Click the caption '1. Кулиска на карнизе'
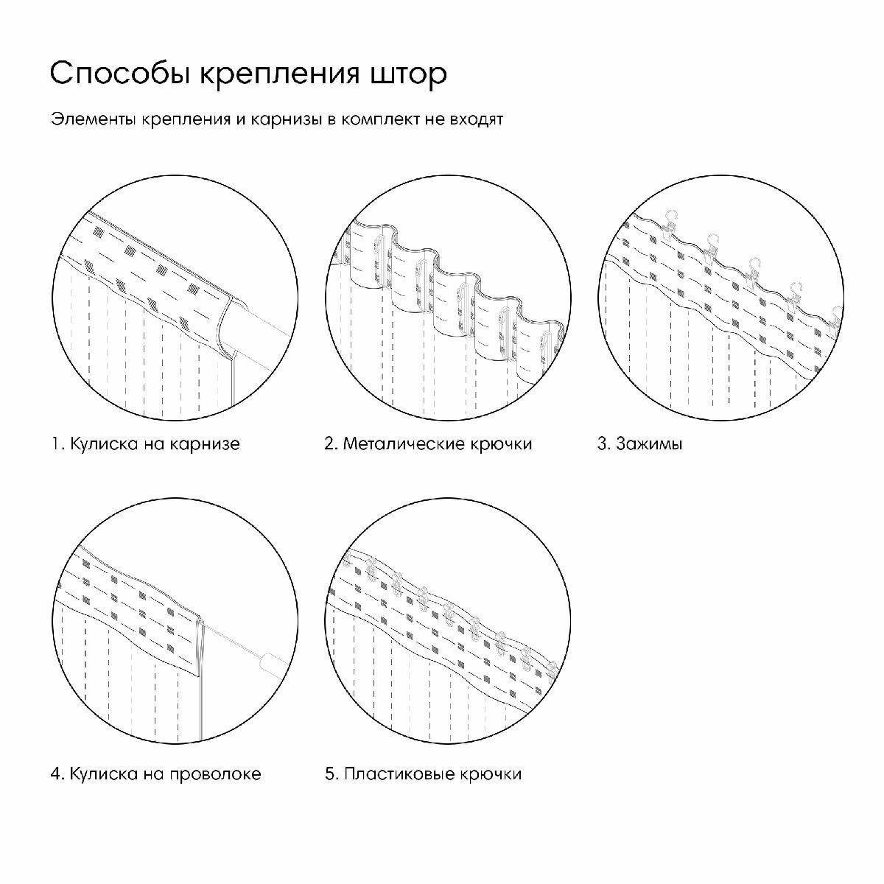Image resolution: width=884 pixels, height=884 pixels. [145, 444]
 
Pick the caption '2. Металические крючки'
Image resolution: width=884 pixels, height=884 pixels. [428, 444]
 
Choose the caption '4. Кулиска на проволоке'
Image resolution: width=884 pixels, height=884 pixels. [155, 774]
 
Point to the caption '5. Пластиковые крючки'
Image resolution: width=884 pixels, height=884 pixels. [423, 774]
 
